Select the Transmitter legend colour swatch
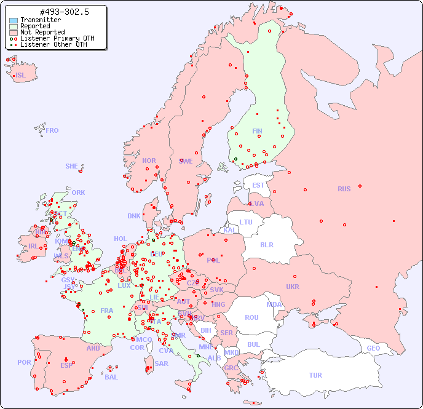click(x=14, y=20)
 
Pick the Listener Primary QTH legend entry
click(x=57, y=39)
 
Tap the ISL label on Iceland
click(x=21, y=76)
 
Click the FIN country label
click(x=257, y=131)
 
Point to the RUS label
click(x=344, y=189)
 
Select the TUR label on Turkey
click(x=315, y=375)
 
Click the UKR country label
click(x=293, y=287)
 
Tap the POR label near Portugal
click(x=24, y=362)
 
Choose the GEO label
click(x=373, y=348)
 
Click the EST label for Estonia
click(x=258, y=185)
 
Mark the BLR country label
click(x=267, y=244)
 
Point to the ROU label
click(x=251, y=317)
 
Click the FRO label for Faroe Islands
click(x=52, y=130)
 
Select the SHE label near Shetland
click(x=72, y=166)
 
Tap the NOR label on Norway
click(x=149, y=161)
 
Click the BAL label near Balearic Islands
click(x=111, y=377)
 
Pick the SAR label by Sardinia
click(x=161, y=363)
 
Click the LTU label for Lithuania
click(x=246, y=222)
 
